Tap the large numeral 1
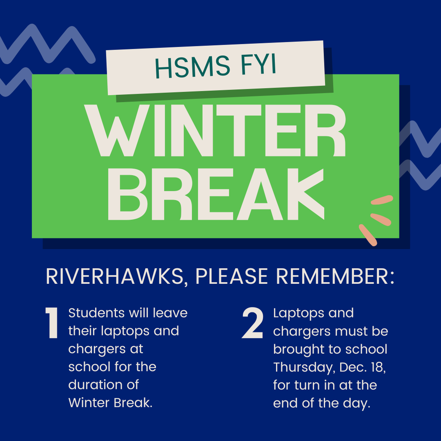pos(52,324)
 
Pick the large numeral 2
pos(253,324)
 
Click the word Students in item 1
pos(97,313)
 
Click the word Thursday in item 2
pos(304,367)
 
